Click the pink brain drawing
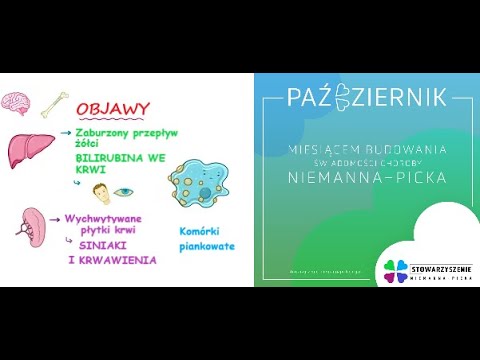coord(14,102)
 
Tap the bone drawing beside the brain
coord(55,101)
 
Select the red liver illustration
coord(29,150)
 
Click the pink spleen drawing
coord(33,228)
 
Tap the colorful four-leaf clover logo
coord(390,270)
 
